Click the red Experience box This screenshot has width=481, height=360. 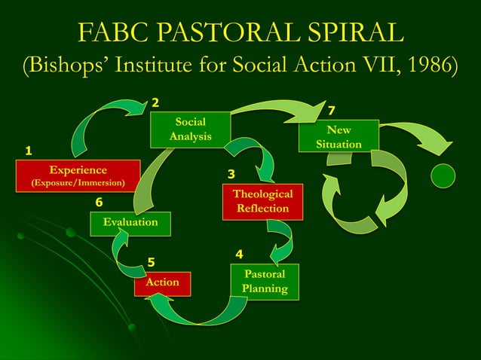[x=78, y=175]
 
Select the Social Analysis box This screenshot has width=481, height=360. [x=190, y=129]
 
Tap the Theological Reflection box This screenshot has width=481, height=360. [x=262, y=201]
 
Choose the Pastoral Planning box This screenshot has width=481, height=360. [x=265, y=282]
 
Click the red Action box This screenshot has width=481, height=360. [x=162, y=282]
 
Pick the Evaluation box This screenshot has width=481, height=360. [x=130, y=222]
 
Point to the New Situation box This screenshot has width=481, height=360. [x=339, y=136]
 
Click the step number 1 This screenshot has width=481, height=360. [x=29, y=151]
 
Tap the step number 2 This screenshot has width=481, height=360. [x=155, y=102]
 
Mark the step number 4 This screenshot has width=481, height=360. [x=239, y=255]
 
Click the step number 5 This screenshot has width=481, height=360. [x=151, y=262]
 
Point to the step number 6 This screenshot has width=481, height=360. [x=99, y=203]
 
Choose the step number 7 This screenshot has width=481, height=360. [x=330, y=111]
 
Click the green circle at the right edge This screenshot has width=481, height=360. [x=443, y=175]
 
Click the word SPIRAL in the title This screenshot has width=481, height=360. [x=350, y=33]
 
